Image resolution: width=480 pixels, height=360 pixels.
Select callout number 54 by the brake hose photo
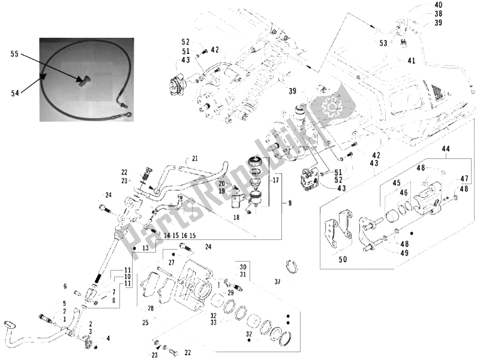pos(14,92)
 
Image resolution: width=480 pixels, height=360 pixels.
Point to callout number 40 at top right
pos(437,5)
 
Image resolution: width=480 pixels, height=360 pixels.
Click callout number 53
pos(383,43)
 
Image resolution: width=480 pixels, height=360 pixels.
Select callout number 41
pos(411,61)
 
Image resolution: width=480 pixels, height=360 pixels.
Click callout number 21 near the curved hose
pos(194,158)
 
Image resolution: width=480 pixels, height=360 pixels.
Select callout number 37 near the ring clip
pos(277,281)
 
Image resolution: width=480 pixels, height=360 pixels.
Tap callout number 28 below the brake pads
pos(151,308)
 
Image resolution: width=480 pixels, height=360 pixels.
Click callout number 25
pos(145,323)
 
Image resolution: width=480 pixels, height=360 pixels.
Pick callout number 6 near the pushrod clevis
pos(64,286)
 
